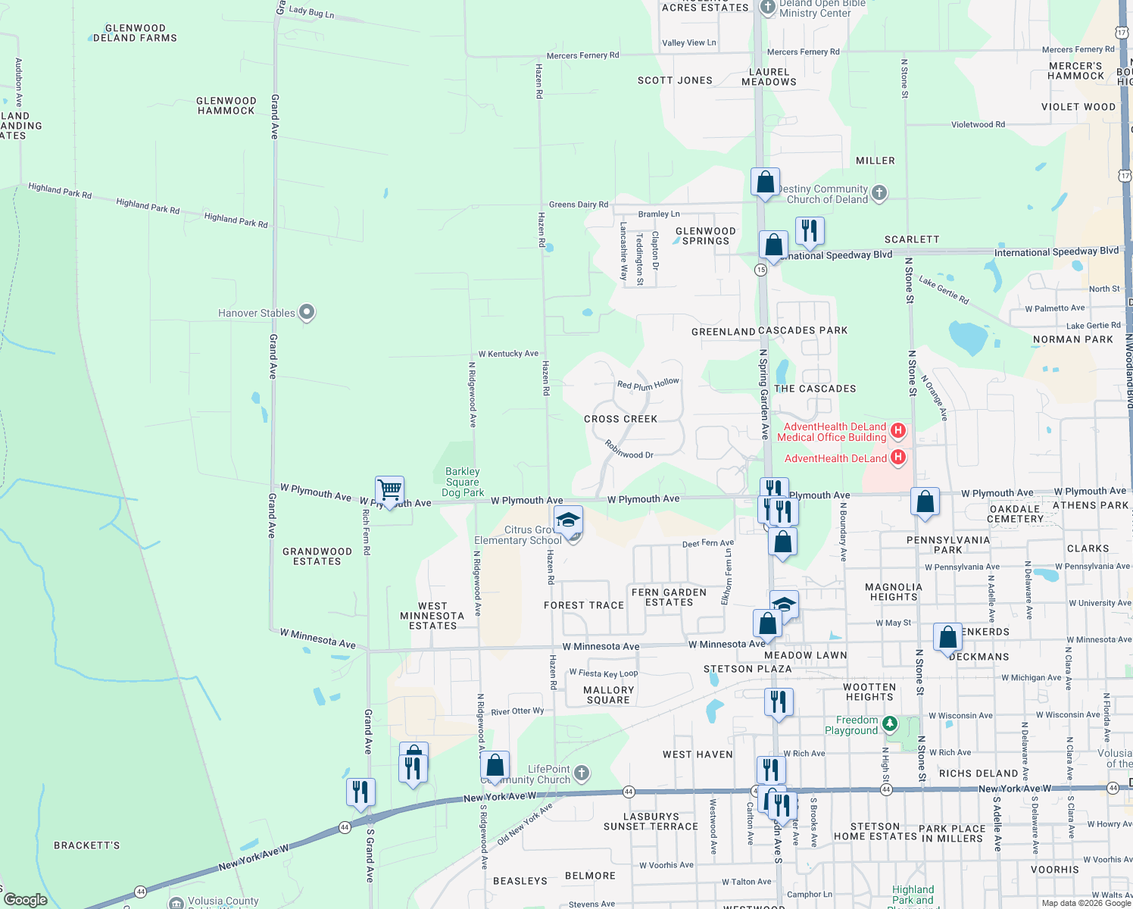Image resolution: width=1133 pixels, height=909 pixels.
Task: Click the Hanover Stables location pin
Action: click(307, 312)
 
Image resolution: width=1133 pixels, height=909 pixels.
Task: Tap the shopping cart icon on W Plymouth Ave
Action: click(389, 490)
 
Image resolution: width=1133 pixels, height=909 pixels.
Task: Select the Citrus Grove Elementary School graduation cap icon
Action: click(568, 520)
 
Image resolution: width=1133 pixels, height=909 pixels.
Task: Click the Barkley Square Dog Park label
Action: click(463, 482)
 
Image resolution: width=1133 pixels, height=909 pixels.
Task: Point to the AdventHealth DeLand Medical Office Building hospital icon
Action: click(898, 431)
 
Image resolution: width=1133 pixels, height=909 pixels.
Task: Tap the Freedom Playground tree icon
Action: click(890, 724)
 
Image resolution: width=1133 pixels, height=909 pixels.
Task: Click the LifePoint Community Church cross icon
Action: click(582, 773)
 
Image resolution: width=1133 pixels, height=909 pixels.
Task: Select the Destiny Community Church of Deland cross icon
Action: click(879, 193)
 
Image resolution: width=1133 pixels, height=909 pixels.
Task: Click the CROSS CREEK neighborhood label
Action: click(621, 419)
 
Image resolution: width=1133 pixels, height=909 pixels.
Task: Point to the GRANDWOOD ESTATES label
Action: click(317, 556)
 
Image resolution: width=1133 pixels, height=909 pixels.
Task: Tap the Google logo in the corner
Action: click(26, 900)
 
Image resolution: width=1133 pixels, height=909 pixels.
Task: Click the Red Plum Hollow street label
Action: click(648, 385)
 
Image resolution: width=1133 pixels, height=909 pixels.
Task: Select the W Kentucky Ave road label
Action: click(508, 354)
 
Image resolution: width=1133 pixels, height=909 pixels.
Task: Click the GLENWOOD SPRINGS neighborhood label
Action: click(706, 236)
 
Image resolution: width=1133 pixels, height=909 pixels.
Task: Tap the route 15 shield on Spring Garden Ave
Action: click(761, 270)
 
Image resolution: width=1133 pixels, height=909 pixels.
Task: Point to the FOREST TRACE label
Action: click(584, 605)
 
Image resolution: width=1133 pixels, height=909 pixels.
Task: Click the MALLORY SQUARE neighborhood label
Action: click(609, 695)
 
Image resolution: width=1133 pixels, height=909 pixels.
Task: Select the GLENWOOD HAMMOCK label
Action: click(226, 105)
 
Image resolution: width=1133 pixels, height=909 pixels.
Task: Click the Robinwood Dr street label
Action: click(629, 451)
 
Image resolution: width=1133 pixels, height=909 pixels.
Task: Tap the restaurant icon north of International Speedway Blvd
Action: click(810, 230)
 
